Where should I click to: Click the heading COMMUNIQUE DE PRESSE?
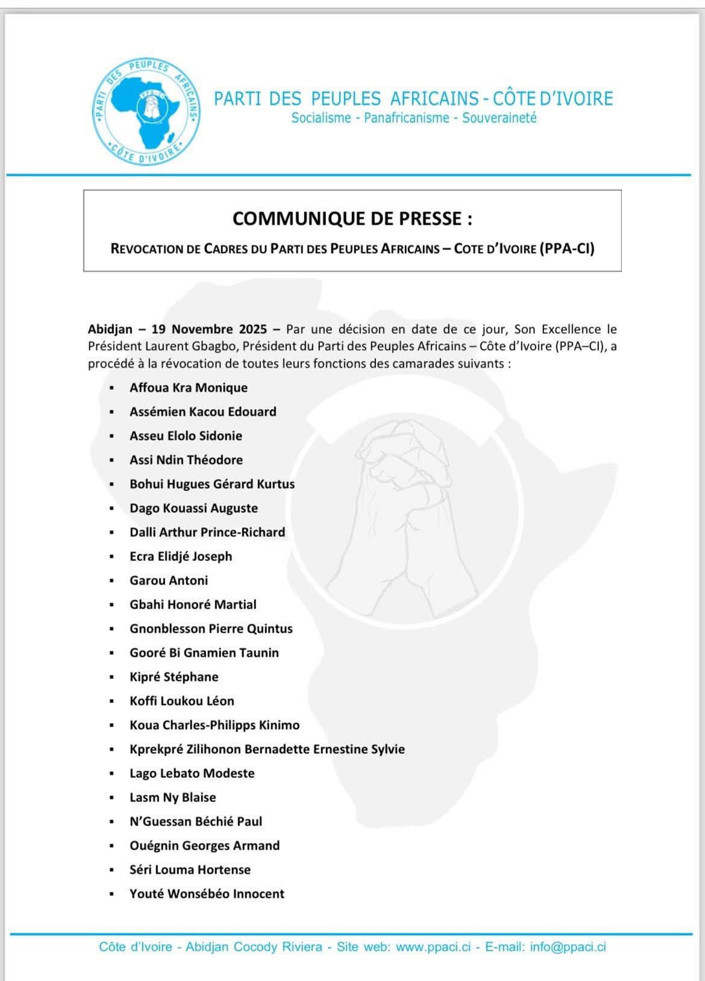point(352,218)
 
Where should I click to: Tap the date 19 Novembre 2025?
point(209,330)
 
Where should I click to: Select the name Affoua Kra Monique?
point(189,387)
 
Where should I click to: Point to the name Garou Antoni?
point(169,580)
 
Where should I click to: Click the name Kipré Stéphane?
point(174,677)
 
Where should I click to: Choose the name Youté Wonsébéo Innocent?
point(207,894)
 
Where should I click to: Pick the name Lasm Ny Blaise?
point(172,797)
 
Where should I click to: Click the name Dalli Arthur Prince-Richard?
point(207,532)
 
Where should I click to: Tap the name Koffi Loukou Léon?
point(182,701)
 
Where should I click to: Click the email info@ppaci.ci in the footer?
point(568,947)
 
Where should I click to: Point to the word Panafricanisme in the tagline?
point(407,118)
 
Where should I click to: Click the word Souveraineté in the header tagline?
point(499,118)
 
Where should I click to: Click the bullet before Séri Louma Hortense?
point(111,870)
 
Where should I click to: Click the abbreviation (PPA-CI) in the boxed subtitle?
point(566,248)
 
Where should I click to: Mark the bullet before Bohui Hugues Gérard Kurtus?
point(111,484)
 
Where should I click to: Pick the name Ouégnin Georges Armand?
point(204,845)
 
